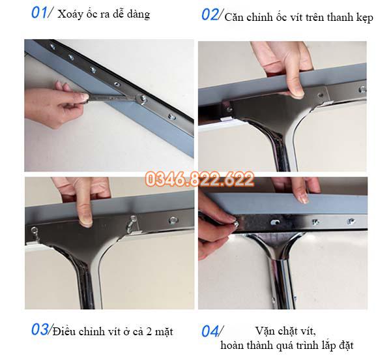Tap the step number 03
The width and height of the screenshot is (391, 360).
click(x=40, y=329)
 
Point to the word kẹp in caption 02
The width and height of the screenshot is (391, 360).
click(x=362, y=18)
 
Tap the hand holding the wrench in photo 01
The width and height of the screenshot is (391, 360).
click(x=68, y=100)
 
